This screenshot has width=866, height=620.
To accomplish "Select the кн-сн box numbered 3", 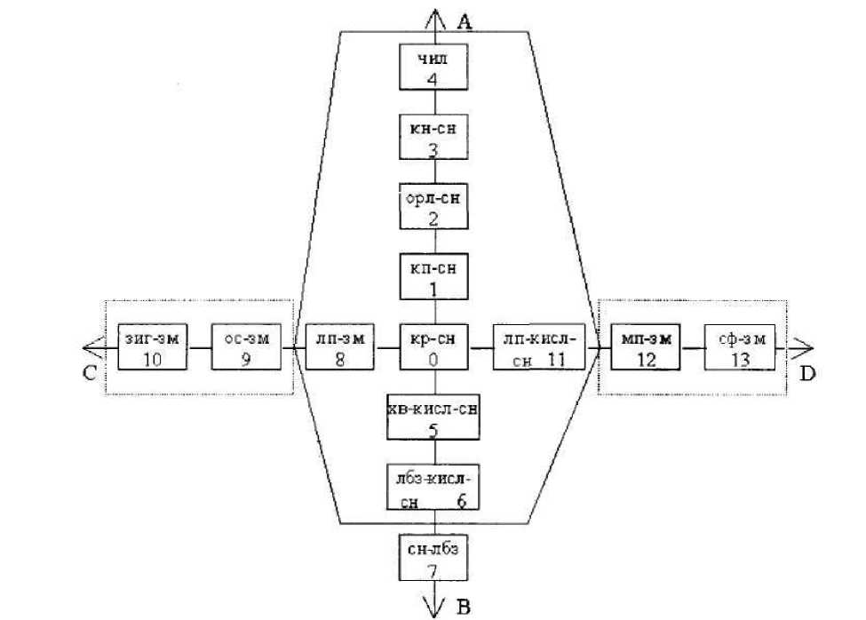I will (433, 136).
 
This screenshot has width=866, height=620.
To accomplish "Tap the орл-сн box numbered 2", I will (433, 206).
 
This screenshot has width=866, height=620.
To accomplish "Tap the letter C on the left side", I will (89, 373).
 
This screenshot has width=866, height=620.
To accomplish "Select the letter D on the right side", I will (806, 374).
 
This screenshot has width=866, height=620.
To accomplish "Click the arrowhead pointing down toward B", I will (433, 607).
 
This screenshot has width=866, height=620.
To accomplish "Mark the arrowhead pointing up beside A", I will (433, 16).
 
